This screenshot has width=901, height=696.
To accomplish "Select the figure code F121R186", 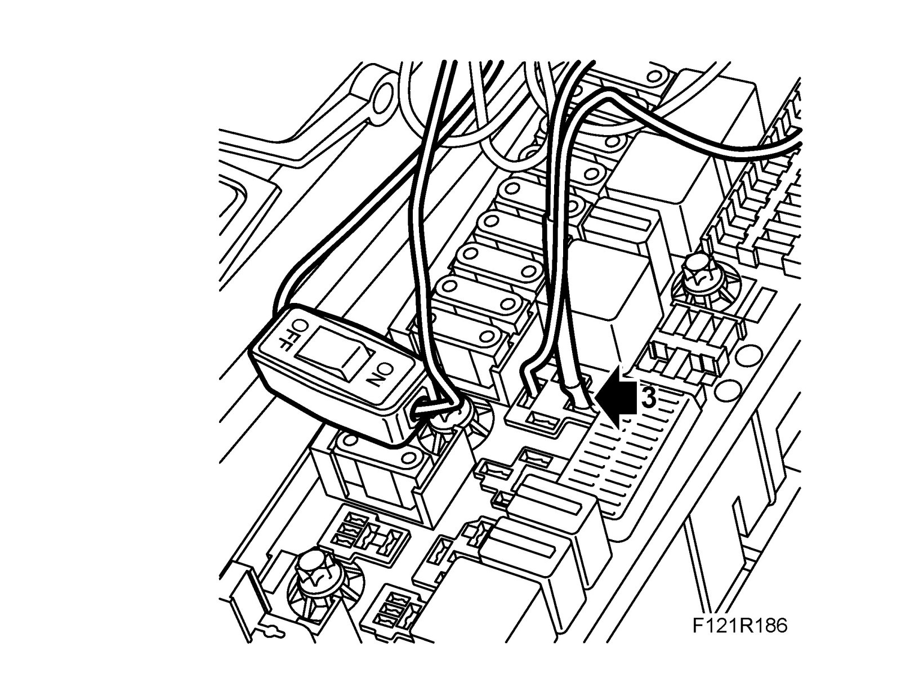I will tap(739, 626).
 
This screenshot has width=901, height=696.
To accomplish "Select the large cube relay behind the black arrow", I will tap(611, 293).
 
